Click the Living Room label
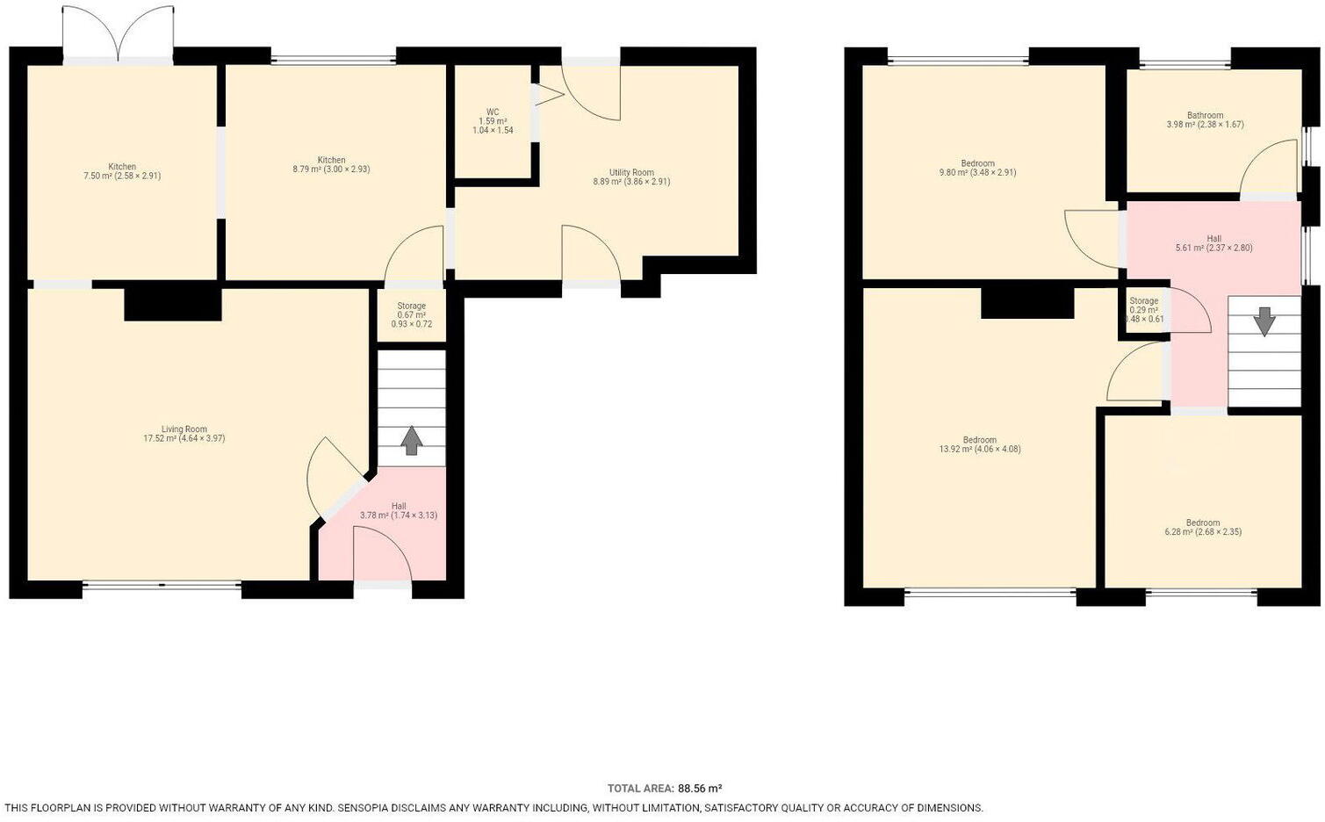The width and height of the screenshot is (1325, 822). coord(184,434)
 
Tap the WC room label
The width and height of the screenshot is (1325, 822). coord(493,121)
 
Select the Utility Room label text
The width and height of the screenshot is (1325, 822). coord(631,177)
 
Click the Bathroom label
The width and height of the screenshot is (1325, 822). coord(1205,120)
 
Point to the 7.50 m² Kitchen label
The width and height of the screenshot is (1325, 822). coord(122,171)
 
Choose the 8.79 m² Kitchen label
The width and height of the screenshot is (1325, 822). coord(331,165)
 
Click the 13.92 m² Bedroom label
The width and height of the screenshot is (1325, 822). coord(979,444)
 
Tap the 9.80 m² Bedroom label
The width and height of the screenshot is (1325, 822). coord(977,168)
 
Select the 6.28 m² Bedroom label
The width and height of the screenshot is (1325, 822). coord(1202,527)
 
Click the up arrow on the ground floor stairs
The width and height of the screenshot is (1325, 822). coord(411,441)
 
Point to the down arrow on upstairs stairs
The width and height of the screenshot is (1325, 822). coord(1264,321)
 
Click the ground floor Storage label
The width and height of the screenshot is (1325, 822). coord(411,314)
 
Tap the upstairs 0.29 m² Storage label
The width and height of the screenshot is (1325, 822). coord(1144,309)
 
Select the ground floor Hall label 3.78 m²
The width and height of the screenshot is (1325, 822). coord(399,511)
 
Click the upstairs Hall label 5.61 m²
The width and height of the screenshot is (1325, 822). coord(1213,243)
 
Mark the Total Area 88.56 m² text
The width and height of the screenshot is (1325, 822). coord(664,789)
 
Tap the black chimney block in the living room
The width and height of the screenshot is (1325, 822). coord(172,304)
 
